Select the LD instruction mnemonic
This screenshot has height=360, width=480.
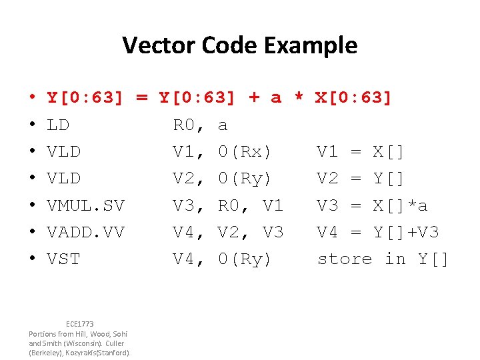tap(59, 125)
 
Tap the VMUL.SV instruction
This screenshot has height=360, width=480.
tap(85, 205)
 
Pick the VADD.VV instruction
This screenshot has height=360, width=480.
tap(85, 232)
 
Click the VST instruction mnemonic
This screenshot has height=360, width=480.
tap(63, 259)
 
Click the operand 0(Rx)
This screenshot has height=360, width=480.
tap(245, 152)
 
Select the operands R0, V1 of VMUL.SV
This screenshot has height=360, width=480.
tap(251, 205)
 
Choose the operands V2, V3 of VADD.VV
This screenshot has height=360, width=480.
tap(251, 232)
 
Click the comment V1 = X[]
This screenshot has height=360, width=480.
tap(360, 152)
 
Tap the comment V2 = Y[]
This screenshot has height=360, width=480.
tap(360, 179)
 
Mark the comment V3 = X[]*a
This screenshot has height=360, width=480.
tap(373, 205)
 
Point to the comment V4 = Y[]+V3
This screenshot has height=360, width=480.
tap(378, 232)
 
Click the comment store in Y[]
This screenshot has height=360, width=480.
tap(383, 259)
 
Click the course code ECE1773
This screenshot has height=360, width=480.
tap(80, 324)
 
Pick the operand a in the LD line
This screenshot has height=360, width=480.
tap(223, 125)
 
